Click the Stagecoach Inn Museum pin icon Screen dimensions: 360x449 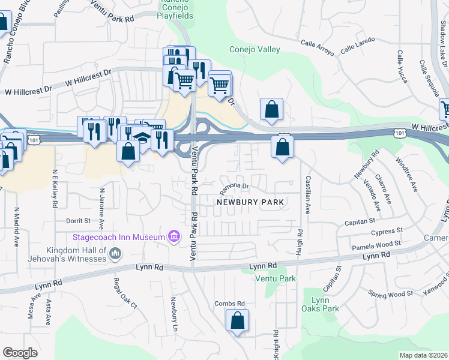pyautogui.click(x=174, y=237)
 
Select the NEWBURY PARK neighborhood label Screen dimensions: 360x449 pyautogui.click(x=250, y=202)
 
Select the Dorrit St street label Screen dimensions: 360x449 pyautogui.click(x=78, y=221)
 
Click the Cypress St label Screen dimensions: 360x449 pyautogui.click(x=386, y=232)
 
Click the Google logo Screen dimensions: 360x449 pyautogui.click(x=20, y=353)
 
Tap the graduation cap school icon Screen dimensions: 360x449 pyautogui.click(x=142, y=138)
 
